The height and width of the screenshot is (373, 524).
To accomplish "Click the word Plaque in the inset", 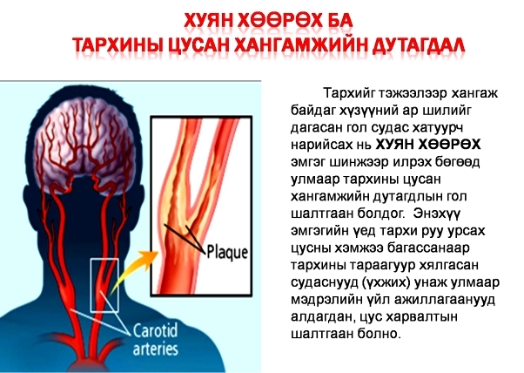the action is tap(227, 253).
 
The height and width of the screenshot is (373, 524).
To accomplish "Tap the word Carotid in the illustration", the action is tap(156, 330).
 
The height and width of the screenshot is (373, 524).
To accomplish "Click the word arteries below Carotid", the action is tap(156, 349).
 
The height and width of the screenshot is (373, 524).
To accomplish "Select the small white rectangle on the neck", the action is tap(104, 285).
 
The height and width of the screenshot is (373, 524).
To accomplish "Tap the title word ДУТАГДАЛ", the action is tap(418, 44).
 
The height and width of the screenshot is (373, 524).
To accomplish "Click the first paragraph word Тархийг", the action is tap(349, 93).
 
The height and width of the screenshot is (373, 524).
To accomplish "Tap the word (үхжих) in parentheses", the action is tap(386, 282).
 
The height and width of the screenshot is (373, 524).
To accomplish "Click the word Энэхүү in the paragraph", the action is tap(437, 214).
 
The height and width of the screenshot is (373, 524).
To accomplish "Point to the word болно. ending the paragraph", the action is tap(380, 334).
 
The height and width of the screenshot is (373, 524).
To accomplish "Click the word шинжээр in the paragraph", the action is tap(359, 162).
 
